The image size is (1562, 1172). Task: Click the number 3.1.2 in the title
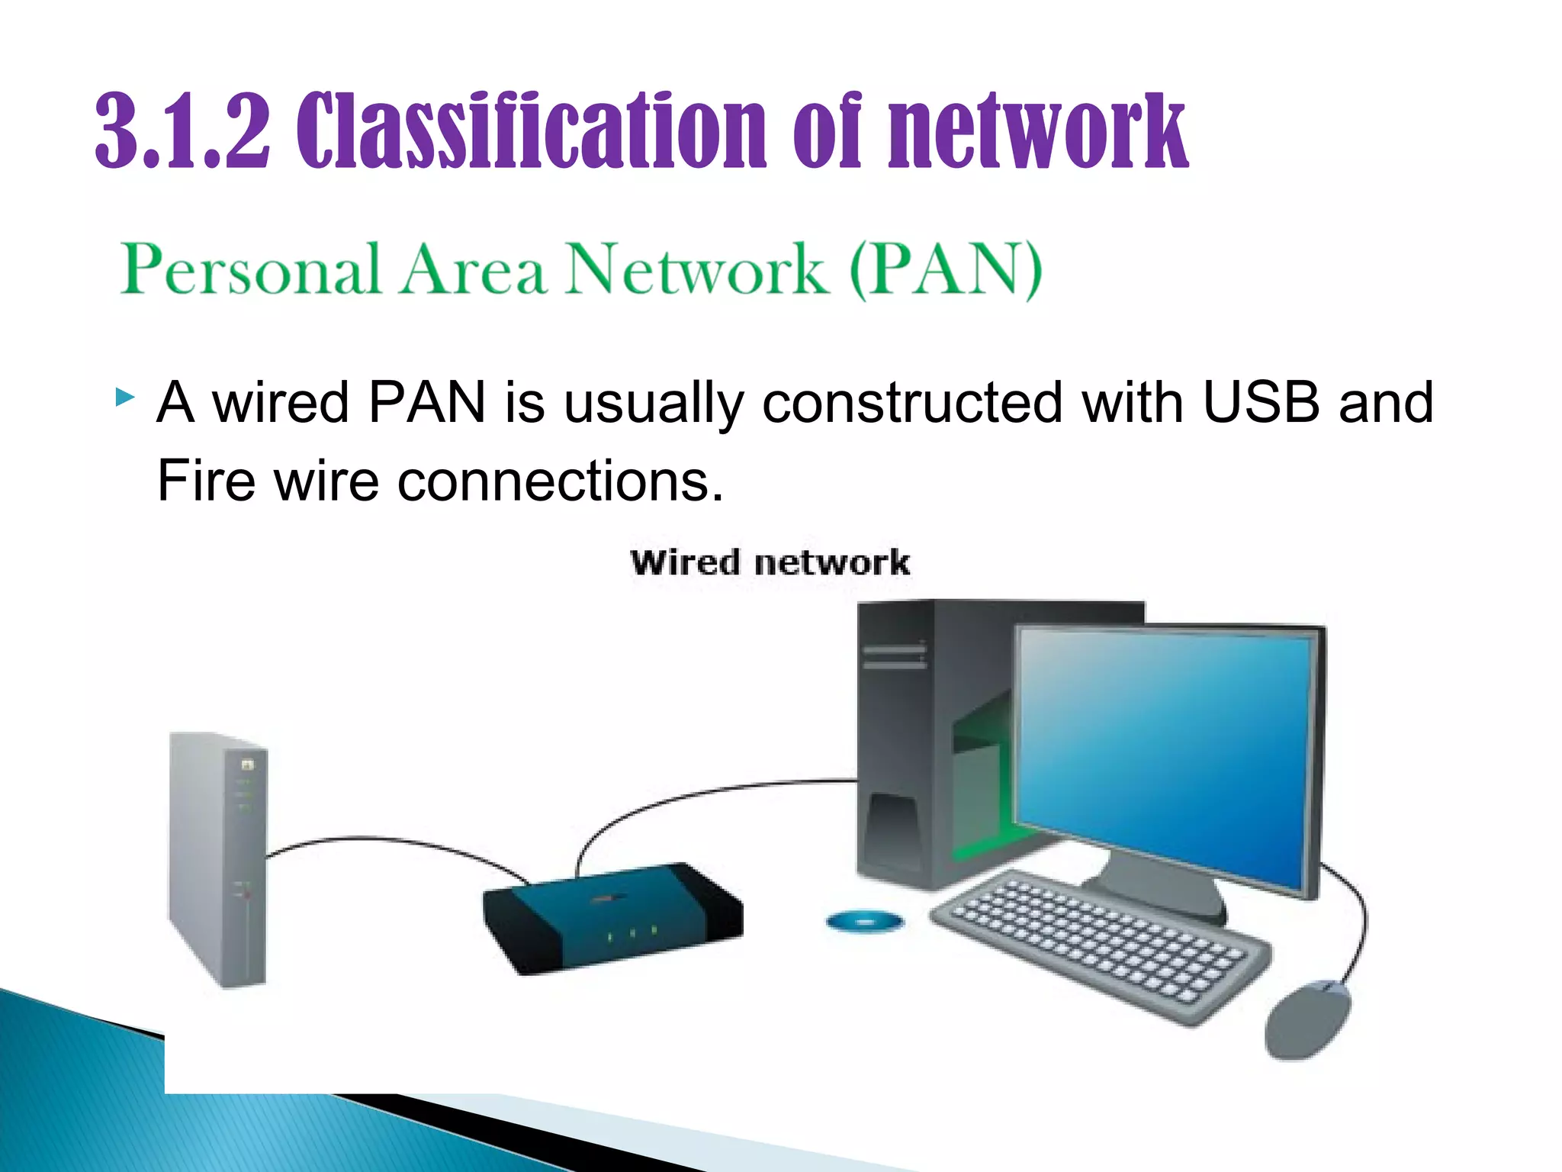pos(183,131)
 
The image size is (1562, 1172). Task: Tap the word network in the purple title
pos(1037,131)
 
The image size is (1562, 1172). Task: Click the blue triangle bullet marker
pos(124,397)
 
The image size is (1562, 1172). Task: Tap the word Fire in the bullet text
pos(204,481)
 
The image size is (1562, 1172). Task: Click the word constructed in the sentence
pos(912,403)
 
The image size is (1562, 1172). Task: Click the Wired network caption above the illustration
pos(770,563)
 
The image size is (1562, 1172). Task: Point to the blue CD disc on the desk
pos(864,922)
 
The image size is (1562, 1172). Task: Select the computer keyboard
pos(1098,946)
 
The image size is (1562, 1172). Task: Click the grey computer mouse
pos(1306,1019)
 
